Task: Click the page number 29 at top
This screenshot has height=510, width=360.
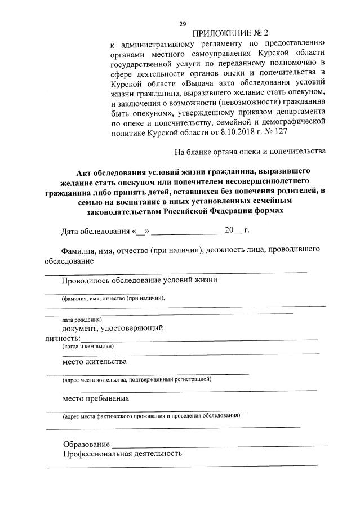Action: coord(183,24)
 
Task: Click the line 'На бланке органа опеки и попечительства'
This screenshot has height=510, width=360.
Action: coord(250,152)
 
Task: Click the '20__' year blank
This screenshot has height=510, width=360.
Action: coord(233,231)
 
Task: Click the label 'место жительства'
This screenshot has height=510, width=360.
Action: coord(95,361)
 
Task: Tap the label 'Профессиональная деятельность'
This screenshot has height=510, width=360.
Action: coord(122,453)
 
